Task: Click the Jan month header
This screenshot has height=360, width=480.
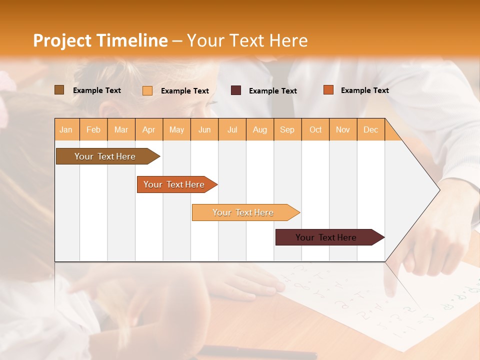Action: click(x=66, y=129)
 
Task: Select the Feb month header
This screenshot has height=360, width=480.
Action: click(x=93, y=129)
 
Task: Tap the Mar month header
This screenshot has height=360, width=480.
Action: click(x=121, y=129)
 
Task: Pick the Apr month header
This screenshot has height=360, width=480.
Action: click(x=149, y=129)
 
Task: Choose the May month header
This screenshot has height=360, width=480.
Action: click(x=176, y=129)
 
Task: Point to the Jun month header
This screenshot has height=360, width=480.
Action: click(x=204, y=129)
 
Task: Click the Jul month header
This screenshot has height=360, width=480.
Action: click(x=232, y=129)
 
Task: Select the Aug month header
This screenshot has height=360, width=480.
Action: click(x=260, y=129)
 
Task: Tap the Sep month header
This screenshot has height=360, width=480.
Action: click(x=287, y=129)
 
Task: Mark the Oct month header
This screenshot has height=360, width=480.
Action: click(x=315, y=129)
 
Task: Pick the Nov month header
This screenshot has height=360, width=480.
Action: click(x=343, y=129)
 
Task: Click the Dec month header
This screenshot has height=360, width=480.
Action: click(x=371, y=129)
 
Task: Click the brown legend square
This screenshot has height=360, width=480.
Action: click(x=59, y=90)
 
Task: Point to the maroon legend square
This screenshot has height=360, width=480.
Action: click(x=236, y=90)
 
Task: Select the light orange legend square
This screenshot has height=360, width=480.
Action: click(x=147, y=90)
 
